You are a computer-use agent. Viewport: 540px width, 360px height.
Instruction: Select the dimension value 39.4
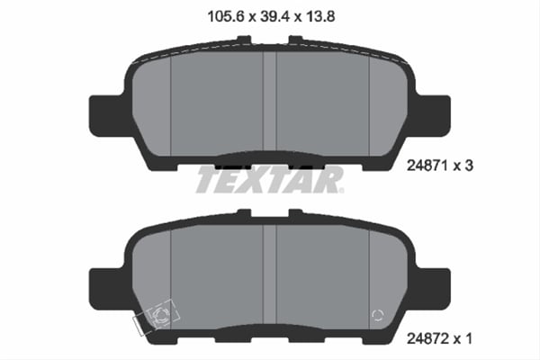[x=269, y=15]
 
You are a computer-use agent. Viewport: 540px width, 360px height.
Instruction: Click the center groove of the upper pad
[x=269, y=99]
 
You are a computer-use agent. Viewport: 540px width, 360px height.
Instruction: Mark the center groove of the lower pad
[x=269, y=270]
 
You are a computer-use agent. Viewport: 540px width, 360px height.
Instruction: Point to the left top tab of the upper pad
[x=244, y=40]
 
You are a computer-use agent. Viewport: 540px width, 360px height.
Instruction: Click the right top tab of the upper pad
[x=294, y=40]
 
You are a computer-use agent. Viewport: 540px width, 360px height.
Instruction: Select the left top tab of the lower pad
[x=244, y=213]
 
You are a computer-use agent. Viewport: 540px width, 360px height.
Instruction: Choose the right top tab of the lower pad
[x=294, y=213]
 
